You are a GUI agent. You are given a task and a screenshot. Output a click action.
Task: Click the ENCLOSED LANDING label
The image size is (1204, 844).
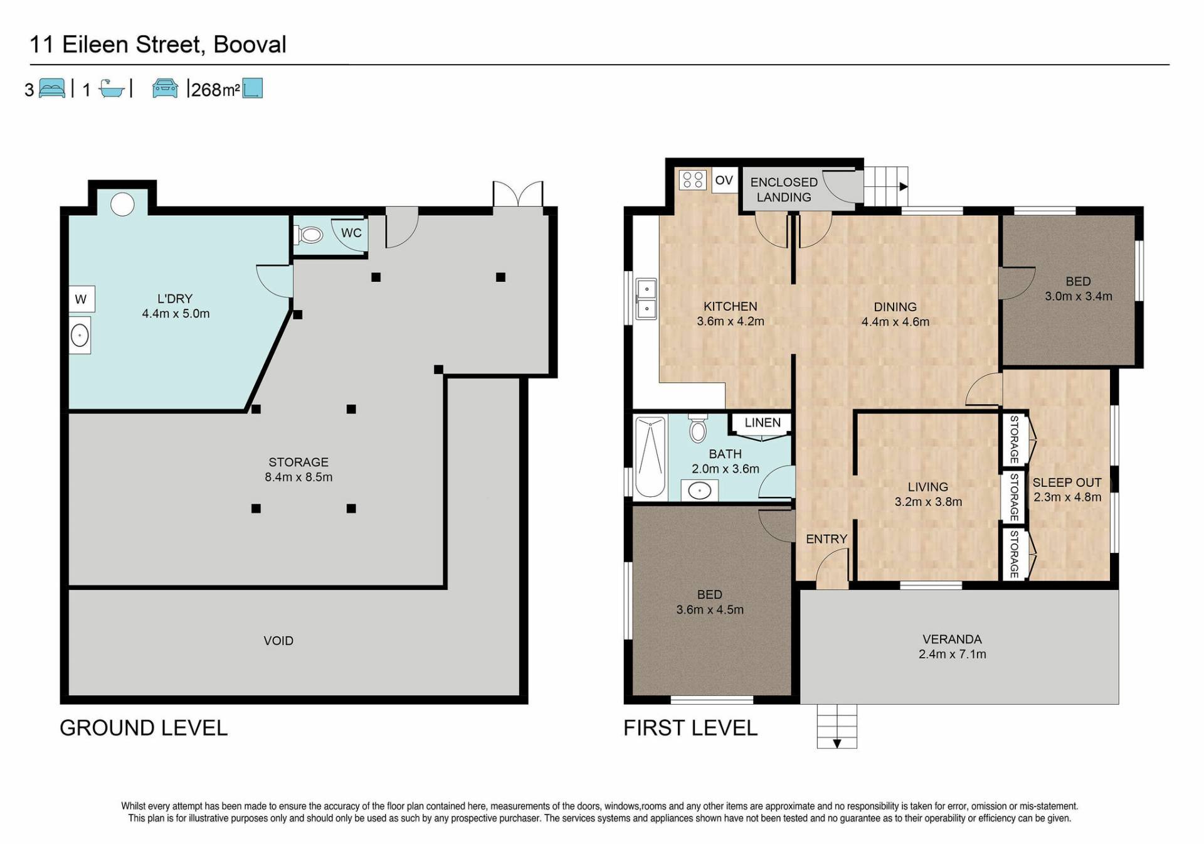pyautogui.click(x=784, y=190)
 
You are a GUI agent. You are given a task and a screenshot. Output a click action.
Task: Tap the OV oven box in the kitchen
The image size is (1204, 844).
pyautogui.click(x=724, y=180)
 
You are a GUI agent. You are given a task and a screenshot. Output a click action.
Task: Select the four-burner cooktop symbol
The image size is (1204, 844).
pyautogui.click(x=692, y=180)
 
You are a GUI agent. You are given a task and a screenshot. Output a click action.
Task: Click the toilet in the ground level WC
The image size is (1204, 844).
pyautogui.click(x=309, y=235)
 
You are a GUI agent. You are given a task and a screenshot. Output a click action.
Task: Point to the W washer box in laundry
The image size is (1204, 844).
pyautogui.click(x=82, y=299)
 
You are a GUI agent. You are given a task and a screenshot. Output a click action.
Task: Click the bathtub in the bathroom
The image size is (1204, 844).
pyautogui.click(x=650, y=457)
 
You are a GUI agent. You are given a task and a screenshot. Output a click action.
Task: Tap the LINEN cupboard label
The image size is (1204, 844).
pyautogui.click(x=763, y=422)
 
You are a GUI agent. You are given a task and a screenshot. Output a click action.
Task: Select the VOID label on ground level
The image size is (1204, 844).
pyautogui.click(x=278, y=641)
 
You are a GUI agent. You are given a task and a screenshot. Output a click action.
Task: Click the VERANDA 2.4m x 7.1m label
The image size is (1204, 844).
pyautogui.click(x=952, y=646)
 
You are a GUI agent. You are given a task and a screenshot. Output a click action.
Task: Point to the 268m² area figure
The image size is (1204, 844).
pyautogui.click(x=215, y=90)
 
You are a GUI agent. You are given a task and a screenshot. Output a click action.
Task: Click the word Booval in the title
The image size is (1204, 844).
pyautogui.click(x=250, y=45)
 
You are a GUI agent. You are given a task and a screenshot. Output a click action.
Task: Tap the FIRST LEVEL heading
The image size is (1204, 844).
pyautogui.click(x=690, y=728)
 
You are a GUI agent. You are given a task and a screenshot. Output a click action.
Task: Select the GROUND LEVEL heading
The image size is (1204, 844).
pyautogui.click(x=144, y=728)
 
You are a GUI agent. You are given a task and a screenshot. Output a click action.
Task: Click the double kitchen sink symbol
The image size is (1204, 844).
pyautogui.click(x=646, y=299)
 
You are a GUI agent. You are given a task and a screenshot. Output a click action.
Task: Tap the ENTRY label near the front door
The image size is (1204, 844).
pyautogui.click(x=826, y=539)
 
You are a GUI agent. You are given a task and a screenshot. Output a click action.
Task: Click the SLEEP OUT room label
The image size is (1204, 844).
pyautogui.click(x=1067, y=483)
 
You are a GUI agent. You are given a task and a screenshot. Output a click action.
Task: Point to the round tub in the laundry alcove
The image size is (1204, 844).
pyautogui.click(x=122, y=204)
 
